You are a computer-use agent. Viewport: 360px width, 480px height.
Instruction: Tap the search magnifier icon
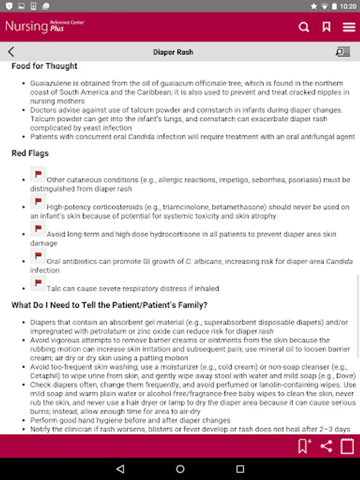point(304,27)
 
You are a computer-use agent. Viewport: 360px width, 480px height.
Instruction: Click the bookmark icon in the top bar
point(326,27)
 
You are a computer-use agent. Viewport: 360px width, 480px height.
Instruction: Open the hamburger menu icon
point(349,27)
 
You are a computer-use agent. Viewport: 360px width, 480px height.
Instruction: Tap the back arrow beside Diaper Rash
point(11,52)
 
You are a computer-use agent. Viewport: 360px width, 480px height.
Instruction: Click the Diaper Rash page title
point(173,52)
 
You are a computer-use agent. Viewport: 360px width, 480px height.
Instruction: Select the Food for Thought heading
point(44,66)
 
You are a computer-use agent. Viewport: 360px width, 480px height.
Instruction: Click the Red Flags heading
point(30,153)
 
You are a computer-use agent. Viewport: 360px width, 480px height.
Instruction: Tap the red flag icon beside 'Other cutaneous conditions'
point(38,174)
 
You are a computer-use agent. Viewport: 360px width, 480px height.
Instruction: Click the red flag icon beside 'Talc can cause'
point(38,283)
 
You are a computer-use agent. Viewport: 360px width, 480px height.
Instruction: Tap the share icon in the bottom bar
point(326,446)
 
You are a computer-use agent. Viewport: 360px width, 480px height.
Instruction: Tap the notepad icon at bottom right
point(347,446)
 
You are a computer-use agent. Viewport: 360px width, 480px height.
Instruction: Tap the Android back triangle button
point(120,469)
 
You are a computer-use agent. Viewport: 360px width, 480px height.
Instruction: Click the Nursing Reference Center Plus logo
point(45,27)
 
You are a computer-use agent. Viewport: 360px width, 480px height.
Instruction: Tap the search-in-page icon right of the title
point(342,52)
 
